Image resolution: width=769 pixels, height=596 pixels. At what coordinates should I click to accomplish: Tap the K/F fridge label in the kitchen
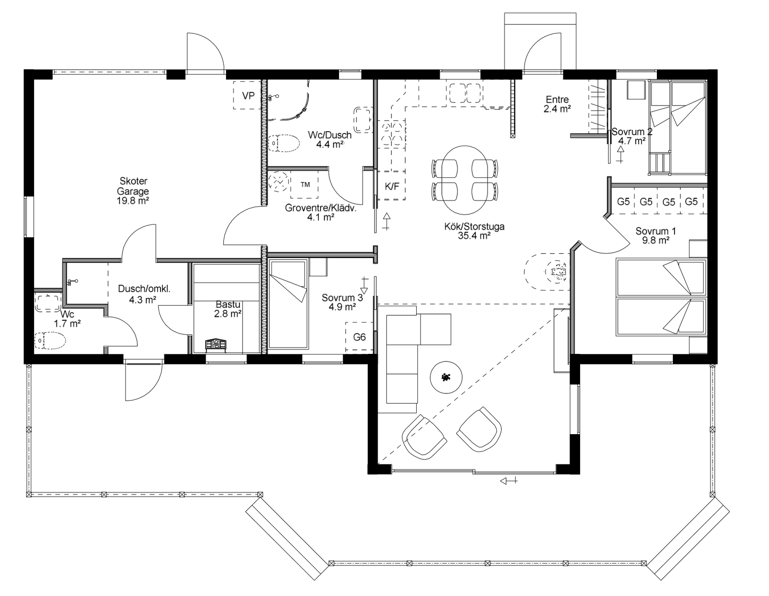coord(392,186)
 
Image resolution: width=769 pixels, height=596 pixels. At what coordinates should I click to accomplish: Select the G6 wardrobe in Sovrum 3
coord(359,337)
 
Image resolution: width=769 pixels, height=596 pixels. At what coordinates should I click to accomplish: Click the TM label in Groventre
coord(305,184)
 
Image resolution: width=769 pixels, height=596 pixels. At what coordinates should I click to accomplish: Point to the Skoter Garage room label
coord(133,191)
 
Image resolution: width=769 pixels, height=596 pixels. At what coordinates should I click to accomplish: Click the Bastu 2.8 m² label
coord(228,309)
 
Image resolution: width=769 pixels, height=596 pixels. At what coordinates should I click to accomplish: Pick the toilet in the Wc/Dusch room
coord(285,143)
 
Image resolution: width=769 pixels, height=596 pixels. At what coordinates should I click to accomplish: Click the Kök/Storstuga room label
coord(474,231)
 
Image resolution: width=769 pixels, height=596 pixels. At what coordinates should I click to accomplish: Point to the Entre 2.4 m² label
coord(557,104)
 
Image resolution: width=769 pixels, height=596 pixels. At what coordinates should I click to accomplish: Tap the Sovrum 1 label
coord(656,235)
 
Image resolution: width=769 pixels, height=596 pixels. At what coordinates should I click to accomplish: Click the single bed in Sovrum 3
coord(289,305)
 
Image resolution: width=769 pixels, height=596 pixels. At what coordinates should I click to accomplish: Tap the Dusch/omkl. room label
coord(144,294)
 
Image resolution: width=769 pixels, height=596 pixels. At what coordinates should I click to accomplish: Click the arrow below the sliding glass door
coord(508,481)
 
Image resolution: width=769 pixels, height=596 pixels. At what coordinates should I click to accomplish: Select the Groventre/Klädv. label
coord(321,212)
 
